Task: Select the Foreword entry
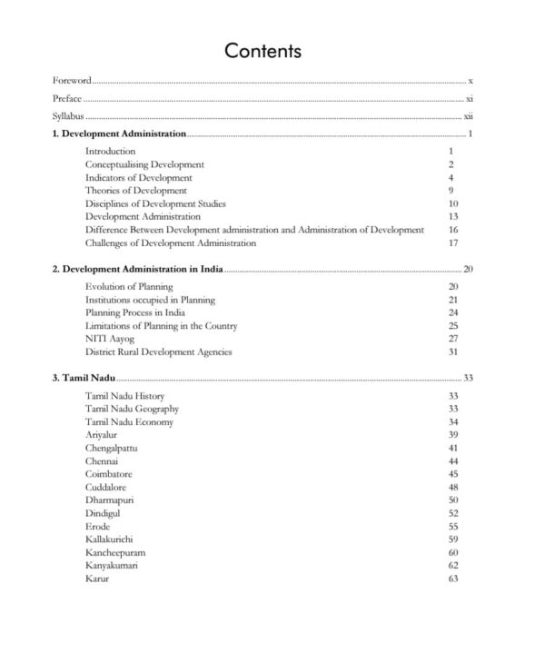72,81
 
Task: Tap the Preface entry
68,98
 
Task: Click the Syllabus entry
69,116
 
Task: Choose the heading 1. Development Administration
119,134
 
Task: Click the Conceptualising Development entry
144,164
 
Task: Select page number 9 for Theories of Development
451,191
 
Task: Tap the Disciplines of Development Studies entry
155,203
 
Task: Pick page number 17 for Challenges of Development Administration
452,243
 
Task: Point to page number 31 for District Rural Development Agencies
452,351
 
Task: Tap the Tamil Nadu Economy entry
129,422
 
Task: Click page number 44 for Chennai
452,461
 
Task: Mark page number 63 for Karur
452,579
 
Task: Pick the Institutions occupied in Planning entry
150,300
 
